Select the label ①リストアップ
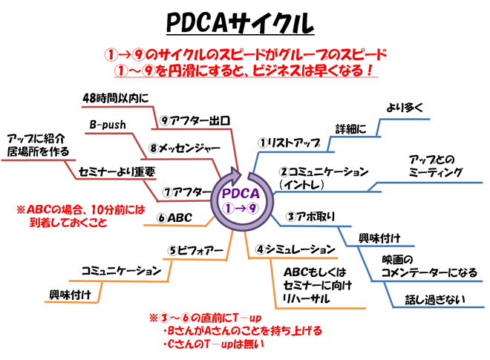(x=289, y=141)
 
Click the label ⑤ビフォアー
(x=195, y=249)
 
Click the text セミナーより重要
(x=117, y=171)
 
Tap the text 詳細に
(x=350, y=128)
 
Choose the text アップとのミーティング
(x=435, y=166)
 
